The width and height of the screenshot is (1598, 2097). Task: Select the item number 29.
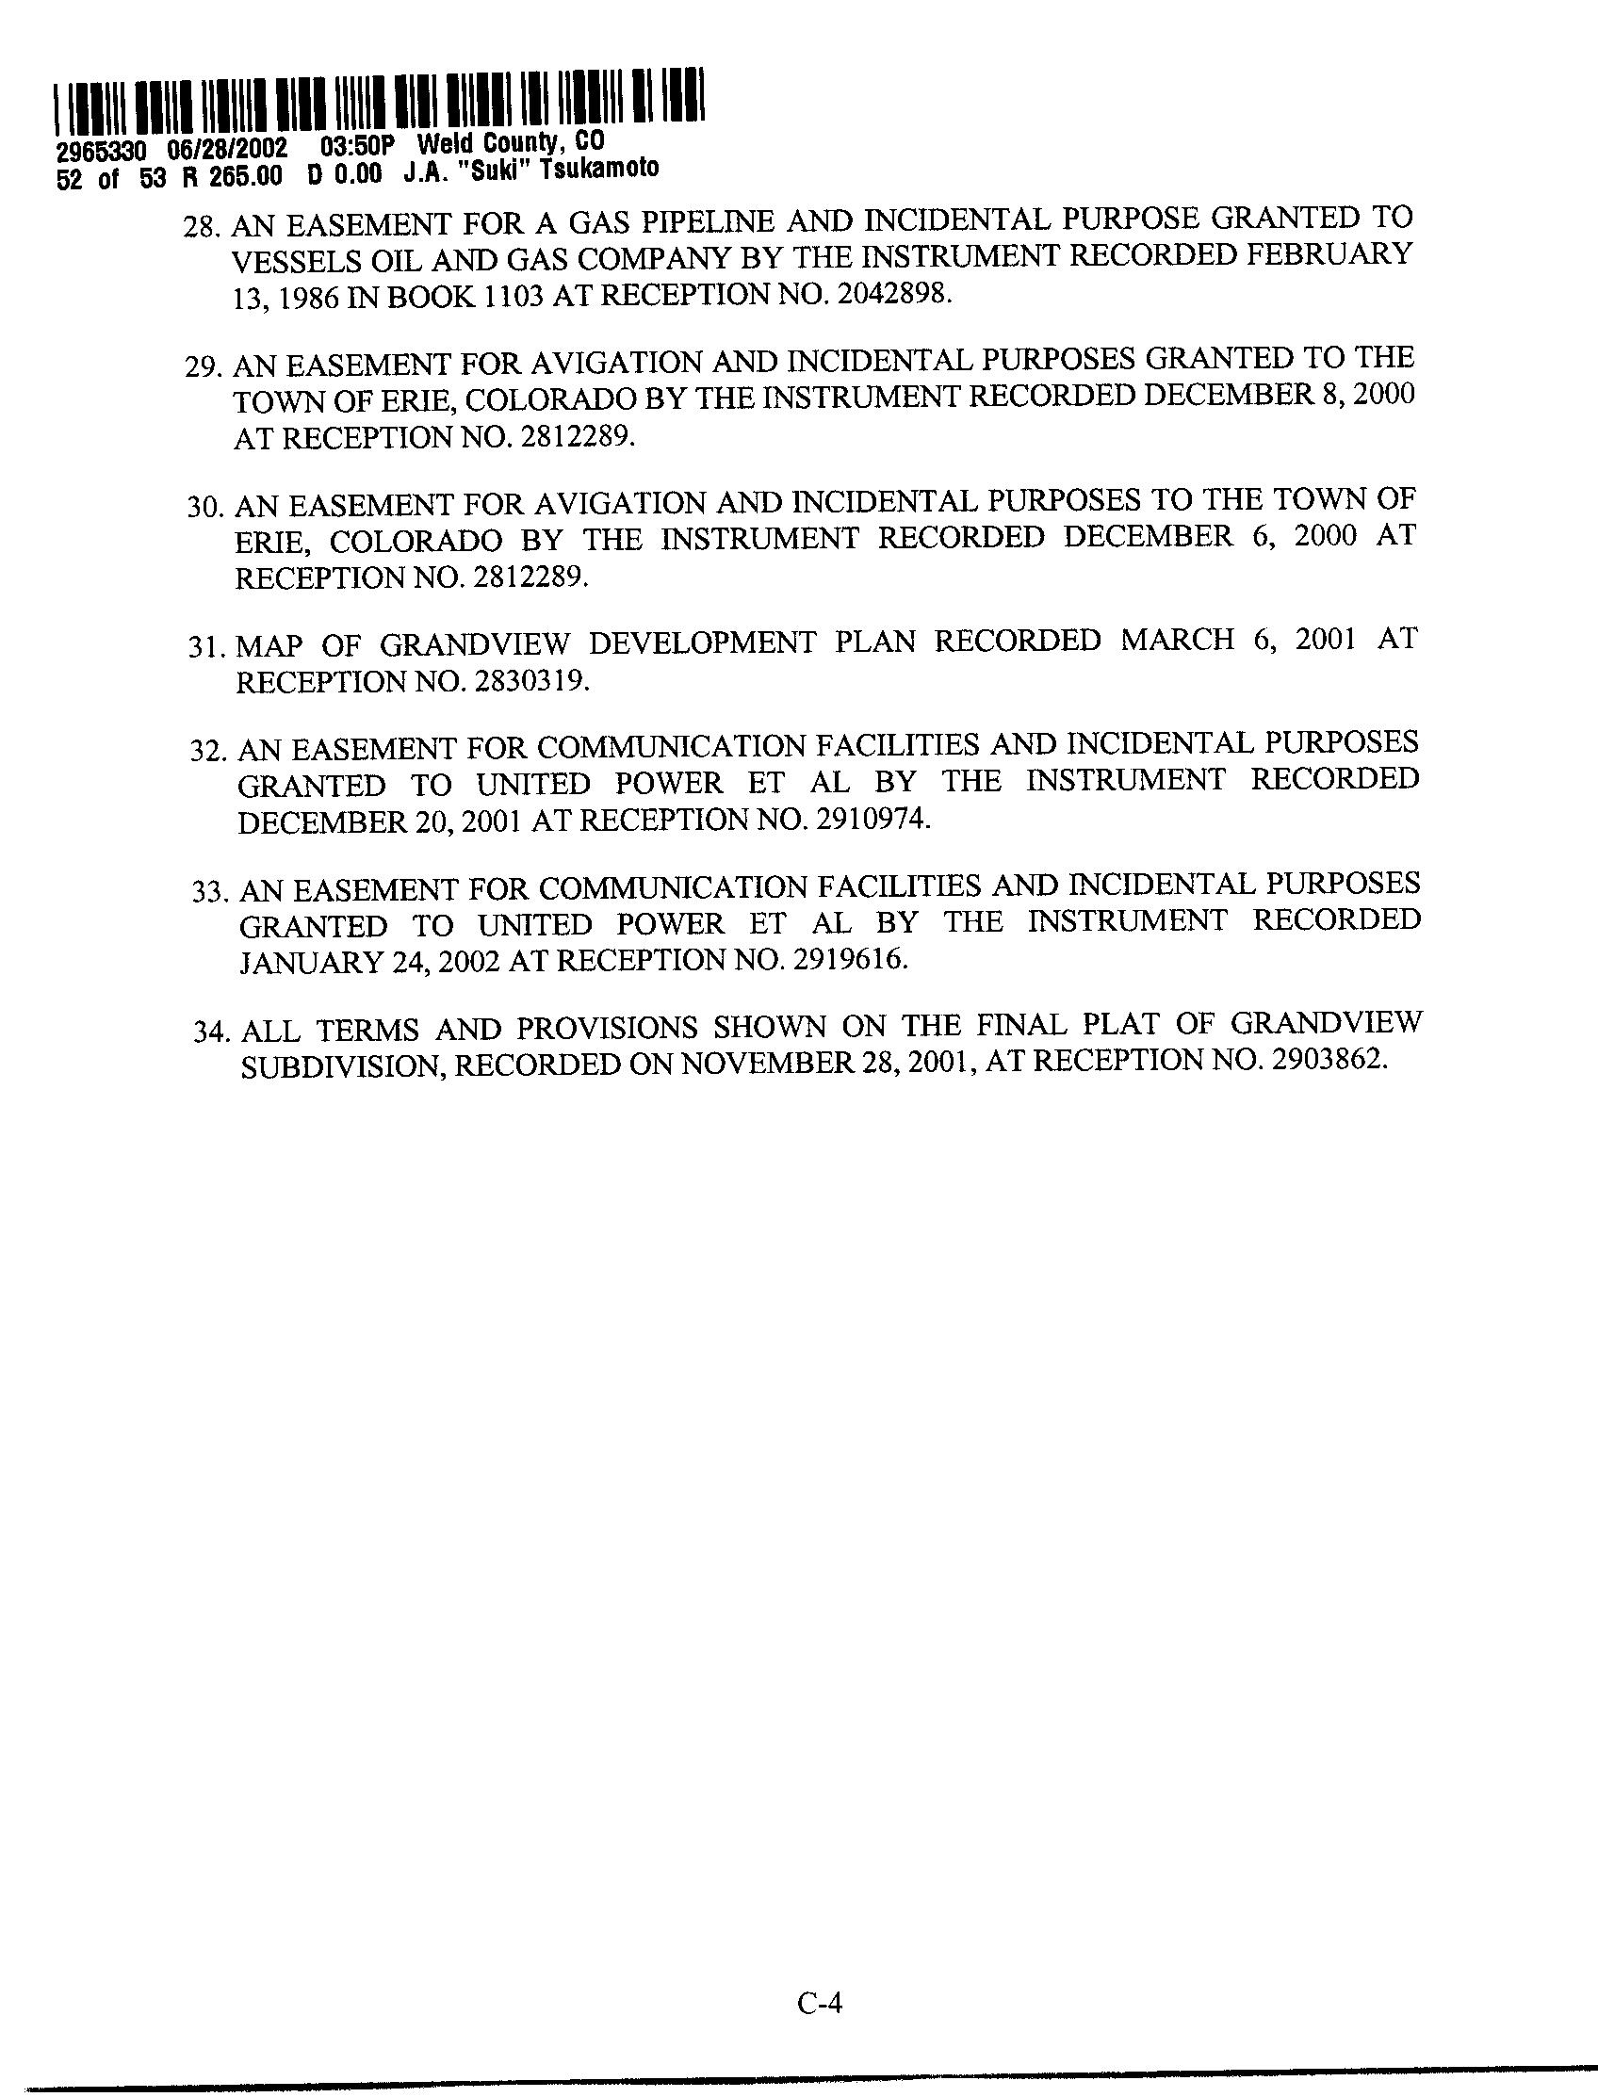point(202,368)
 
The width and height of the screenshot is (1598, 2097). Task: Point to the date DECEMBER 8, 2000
point(1279,395)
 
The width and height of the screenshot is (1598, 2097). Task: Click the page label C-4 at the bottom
point(820,2004)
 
